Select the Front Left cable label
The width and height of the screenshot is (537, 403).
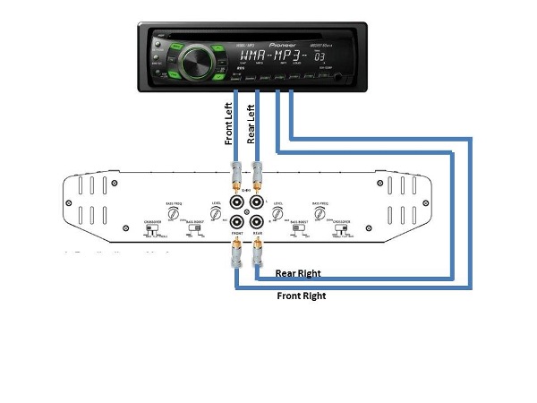(x=229, y=122)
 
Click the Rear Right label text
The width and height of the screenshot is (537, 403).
(x=298, y=273)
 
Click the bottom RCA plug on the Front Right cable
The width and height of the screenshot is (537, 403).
(x=235, y=260)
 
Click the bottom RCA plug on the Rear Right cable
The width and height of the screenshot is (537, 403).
(x=258, y=259)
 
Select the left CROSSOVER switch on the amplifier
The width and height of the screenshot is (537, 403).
(x=150, y=230)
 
